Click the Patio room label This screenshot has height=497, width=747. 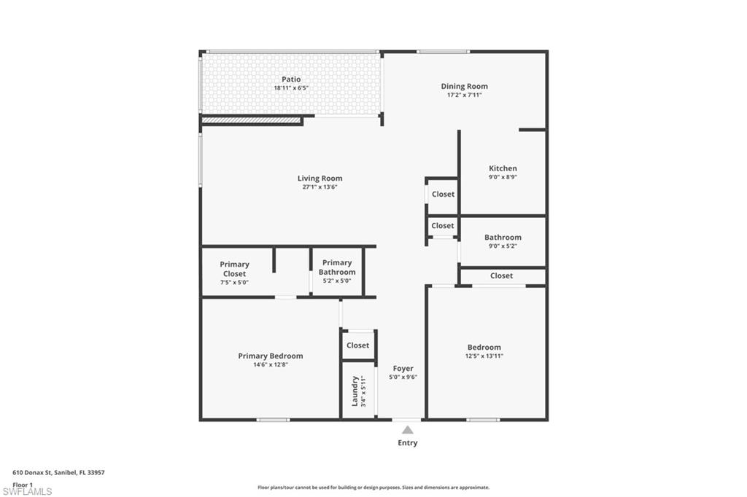291,79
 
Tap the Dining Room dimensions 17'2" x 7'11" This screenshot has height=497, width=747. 464,95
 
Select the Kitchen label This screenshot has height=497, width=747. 503,168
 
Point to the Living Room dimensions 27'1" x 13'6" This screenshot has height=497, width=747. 320,187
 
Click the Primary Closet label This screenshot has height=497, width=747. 234,269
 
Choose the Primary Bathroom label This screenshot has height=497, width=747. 337,267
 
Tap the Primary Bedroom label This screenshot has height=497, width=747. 270,356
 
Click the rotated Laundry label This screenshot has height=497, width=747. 355,391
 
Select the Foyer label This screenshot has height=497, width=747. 403,369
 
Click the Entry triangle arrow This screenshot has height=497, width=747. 407,430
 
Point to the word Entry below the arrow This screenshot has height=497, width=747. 407,443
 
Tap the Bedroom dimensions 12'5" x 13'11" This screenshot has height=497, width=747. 484,356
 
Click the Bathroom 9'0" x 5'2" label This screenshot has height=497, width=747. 503,241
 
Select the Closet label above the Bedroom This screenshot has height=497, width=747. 501,275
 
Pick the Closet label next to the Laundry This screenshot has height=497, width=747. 357,345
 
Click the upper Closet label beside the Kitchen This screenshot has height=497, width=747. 443,194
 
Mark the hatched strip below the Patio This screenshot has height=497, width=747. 251,120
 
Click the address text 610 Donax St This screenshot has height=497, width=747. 58,472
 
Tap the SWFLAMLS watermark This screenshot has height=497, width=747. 27,491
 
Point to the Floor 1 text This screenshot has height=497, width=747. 23,484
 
